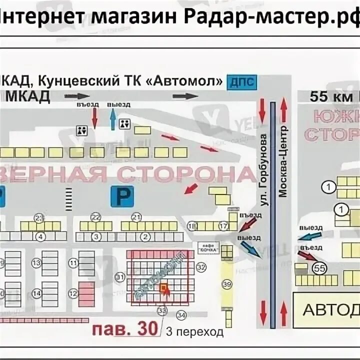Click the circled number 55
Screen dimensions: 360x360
pyautogui.click(x=319, y=268)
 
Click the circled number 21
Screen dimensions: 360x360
pyautogui.click(x=135, y=216)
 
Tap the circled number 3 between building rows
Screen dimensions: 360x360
pyautogui.click(x=96, y=236)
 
